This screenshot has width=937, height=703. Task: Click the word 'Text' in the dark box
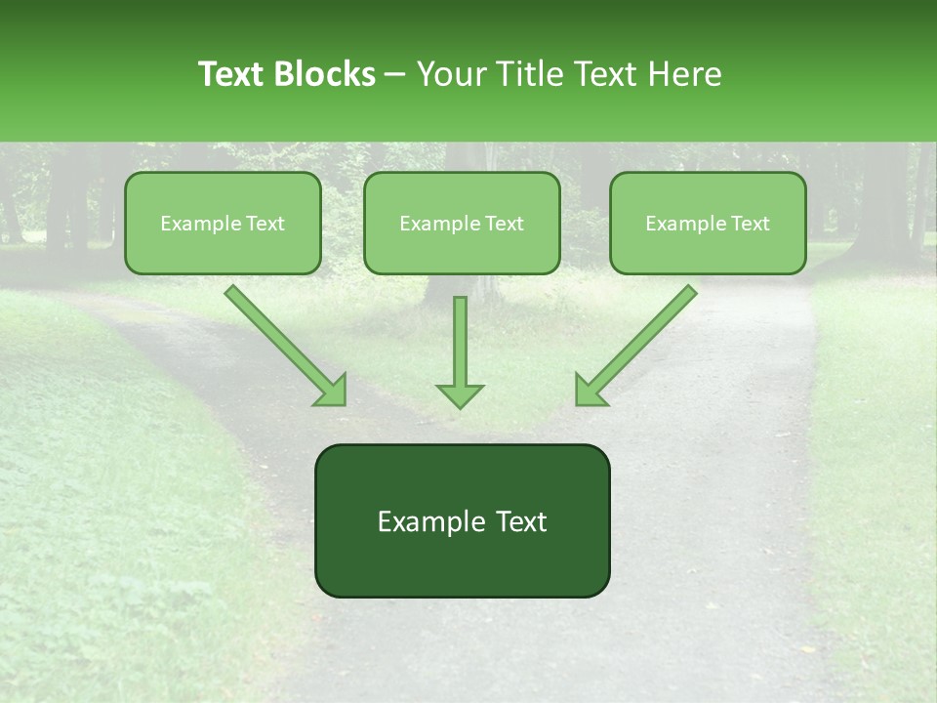520,521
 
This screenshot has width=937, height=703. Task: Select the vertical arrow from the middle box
460,342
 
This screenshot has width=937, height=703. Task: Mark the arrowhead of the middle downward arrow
460,395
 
